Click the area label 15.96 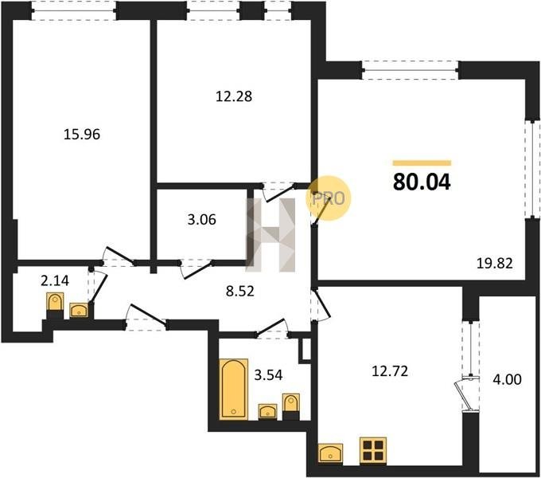pyautogui.click(x=82, y=134)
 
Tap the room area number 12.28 pyautogui.click(x=234, y=96)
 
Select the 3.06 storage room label pyautogui.click(x=202, y=219)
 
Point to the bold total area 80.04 pyautogui.click(x=422, y=182)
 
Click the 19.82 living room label pyautogui.click(x=495, y=264)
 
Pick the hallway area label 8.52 pyautogui.click(x=239, y=291)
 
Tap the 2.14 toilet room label pyautogui.click(x=55, y=280)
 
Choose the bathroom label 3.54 pyautogui.click(x=268, y=374)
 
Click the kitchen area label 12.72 pyautogui.click(x=390, y=371)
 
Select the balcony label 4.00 pyautogui.click(x=508, y=379)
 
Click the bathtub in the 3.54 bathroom pyautogui.click(x=234, y=390)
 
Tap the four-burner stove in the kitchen pyautogui.click(x=373, y=450)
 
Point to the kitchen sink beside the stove pyautogui.click(x=331, y=453)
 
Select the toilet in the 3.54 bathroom pyautogui.click(x=291, y=406)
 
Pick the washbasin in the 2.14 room pyautogui.click(x=79, y=310)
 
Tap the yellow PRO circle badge pyautogui.click(x=328, y=198)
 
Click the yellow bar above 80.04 pyautogui.click(x=422, y=163)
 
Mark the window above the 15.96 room pyautogui.click(x=74, y=10)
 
